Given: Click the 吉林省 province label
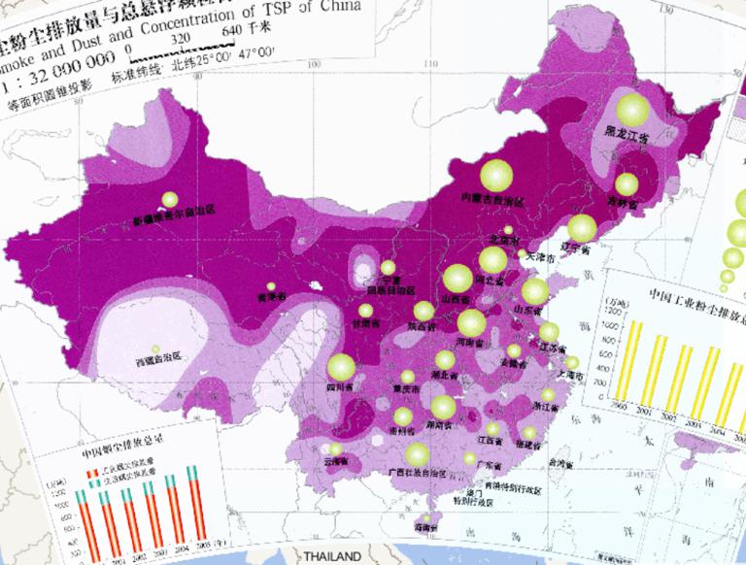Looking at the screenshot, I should (622, 204).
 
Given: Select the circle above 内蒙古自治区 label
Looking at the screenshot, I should (495, 175).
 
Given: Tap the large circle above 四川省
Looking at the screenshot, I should (341, 367).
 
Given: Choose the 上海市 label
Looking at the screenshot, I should (568, 373).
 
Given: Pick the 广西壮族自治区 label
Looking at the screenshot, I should (418, 474).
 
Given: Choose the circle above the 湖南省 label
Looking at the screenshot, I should (443, 408).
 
